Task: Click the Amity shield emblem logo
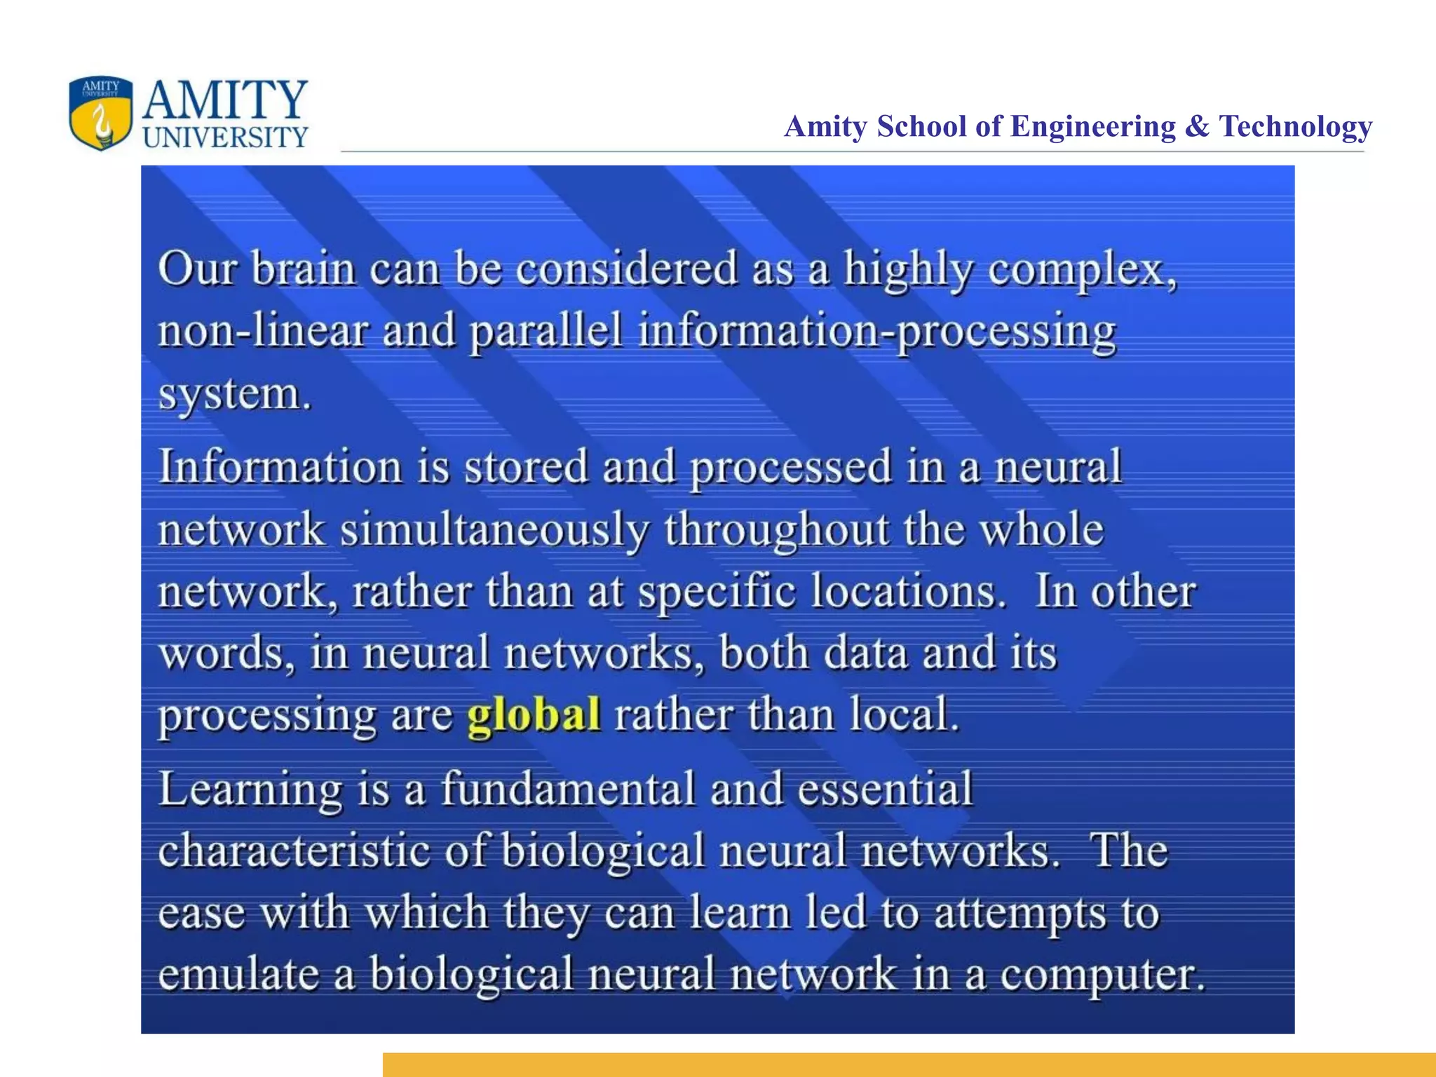pos(101,113)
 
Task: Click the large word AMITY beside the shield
pos(225,100)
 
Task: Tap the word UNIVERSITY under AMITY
pos(225,137)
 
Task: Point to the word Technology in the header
pos(1295,127)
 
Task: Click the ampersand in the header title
pos(1197,127)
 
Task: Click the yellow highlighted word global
pos(534,714)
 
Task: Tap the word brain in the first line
pos(304,269)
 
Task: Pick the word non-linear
pos(263,331)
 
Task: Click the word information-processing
pos(876,332)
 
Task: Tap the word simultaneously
pos(495,530)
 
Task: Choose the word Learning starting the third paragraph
pos(250,790)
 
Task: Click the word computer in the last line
pos(1100,976)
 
